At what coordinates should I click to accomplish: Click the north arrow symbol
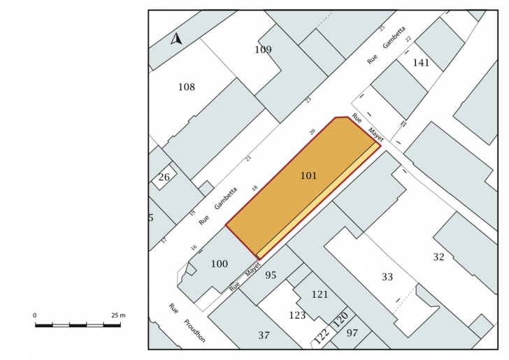(x=176, y=39)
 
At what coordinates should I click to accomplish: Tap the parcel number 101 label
(x=308, y=176)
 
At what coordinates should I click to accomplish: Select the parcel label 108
(x=187, y=87)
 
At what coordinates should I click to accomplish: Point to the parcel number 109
(x=263, y=50)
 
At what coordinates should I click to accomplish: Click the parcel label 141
(x=421, y=63)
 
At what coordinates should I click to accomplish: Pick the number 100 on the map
(x=219, y=264)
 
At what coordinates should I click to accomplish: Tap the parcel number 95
(x=271, y=275)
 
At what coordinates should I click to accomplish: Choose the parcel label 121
(x=320, y=294)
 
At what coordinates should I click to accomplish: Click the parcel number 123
(x=297, y=315)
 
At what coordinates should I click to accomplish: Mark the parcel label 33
(x=387, y=277)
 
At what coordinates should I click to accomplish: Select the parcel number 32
(x=438, y=257)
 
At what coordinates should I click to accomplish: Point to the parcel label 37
(x=264, y=335)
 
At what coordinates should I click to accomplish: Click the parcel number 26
(x=164, y=178)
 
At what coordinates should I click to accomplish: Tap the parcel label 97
(x=352, y=333)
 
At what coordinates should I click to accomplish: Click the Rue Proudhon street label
(x=187, y=323)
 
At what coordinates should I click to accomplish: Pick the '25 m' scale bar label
(x=118, y=315)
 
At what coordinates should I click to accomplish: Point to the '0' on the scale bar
(x=35, y=315)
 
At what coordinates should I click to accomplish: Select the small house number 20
(x=312, y=131)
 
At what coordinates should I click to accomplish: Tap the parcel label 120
(x=340, y=319)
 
